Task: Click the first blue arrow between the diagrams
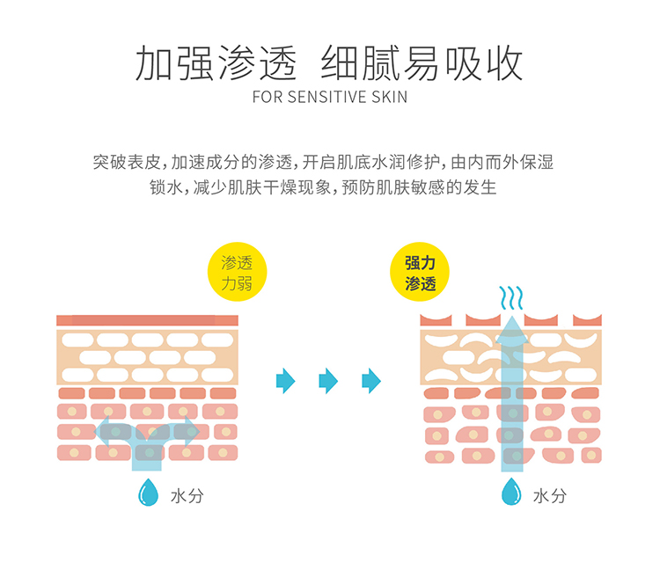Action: (284, 381)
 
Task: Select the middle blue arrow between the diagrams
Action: (327, 381)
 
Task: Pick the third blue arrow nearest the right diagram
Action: (371, 381)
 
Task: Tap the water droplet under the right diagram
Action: (511, 493)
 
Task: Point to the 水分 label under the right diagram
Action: (549, 495)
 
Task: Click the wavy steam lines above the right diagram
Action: (510, 299)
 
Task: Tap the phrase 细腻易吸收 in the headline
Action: (422, 62)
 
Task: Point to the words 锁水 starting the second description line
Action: (166, 188)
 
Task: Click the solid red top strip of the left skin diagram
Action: (147, 320)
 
